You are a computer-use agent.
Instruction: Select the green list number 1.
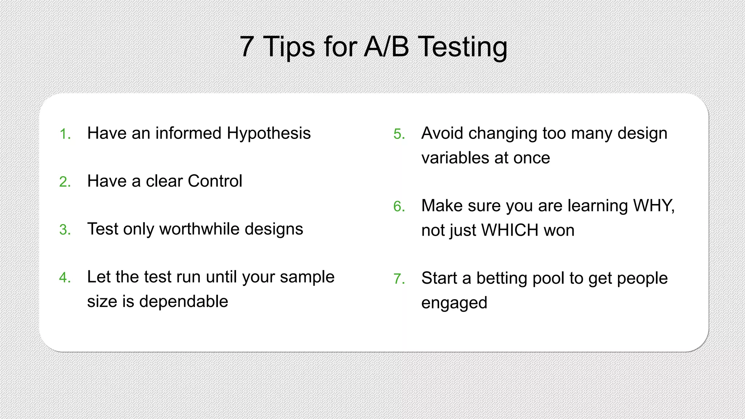(x=64, y=134)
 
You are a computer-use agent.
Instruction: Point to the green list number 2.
(x=64, y=182)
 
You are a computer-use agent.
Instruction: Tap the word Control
(x=215, y=181)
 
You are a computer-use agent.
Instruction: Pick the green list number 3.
(x=64, y=230)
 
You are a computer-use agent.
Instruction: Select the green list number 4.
(x=64, y=278)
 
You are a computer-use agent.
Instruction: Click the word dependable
(x=183, y=302)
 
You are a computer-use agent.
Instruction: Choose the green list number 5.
(x=399, y=134)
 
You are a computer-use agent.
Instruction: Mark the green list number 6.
(x=399, y=207)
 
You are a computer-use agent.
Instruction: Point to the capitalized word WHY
(x=653, y=206)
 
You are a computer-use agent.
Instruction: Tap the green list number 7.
(x=399, y=279)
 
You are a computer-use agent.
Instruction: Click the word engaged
(x=454, y=303)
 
